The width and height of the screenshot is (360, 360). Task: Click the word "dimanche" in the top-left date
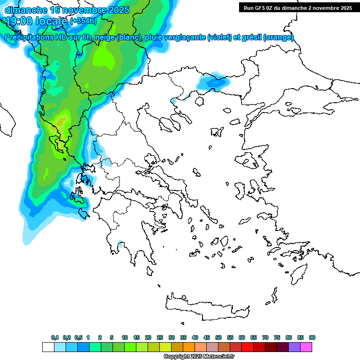26,10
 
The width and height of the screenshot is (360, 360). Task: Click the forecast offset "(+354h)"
83,21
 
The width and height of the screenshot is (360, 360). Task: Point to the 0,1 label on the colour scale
55,337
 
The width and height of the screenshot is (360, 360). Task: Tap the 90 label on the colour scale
312,337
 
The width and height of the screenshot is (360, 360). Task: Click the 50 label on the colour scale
218,337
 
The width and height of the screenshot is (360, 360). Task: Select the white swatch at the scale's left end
48,347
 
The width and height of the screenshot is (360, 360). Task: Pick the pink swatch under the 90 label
306,347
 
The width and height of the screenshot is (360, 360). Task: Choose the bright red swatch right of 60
247,347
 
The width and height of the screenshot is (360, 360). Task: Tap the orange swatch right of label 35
189,347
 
